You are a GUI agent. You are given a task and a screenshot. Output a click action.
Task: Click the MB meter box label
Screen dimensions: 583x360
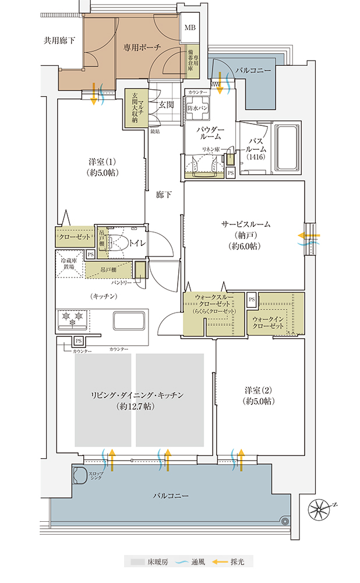pos(190,28)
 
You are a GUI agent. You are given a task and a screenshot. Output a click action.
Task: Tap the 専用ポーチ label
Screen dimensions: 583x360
pos(142,47)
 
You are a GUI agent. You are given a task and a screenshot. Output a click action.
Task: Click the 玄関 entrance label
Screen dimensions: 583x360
pos(166,105)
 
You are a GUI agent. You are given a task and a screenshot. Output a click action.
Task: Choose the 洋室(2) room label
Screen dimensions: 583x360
pos(259,395)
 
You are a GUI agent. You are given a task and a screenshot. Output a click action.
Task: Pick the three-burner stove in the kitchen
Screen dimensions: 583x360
pos(72,319)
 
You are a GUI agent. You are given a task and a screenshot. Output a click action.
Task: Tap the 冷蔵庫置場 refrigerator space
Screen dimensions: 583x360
pos(70,262)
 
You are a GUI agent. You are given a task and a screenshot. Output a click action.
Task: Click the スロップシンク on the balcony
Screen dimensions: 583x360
pos(79,476)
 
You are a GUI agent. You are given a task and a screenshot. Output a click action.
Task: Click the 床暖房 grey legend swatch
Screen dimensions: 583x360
pos(137,562)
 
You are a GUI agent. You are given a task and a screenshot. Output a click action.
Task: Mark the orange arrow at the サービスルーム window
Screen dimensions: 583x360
pos(306,235)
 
